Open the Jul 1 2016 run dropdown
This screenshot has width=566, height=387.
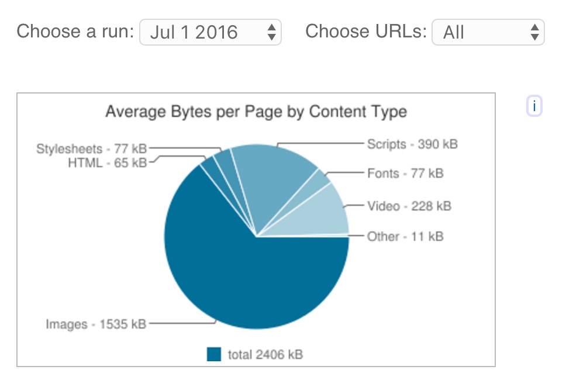(210, 32)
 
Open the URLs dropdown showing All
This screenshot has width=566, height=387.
(488, 32)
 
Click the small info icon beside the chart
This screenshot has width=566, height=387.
(534, 107)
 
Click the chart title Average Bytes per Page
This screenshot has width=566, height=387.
(256, 111)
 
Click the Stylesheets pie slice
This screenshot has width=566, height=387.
(223, 160)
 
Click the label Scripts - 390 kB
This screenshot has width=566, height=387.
(412, 144)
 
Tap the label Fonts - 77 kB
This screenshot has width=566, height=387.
(405, 174)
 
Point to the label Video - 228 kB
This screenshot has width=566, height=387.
(409, 206)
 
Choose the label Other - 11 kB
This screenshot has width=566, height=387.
(405, 236)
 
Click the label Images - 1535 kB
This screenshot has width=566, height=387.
(96, 323)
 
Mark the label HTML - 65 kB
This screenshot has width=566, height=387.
(107, 163)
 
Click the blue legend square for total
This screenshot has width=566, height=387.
(214, 354)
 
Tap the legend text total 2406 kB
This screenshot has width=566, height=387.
(265, 354)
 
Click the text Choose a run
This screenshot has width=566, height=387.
(75, 31)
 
